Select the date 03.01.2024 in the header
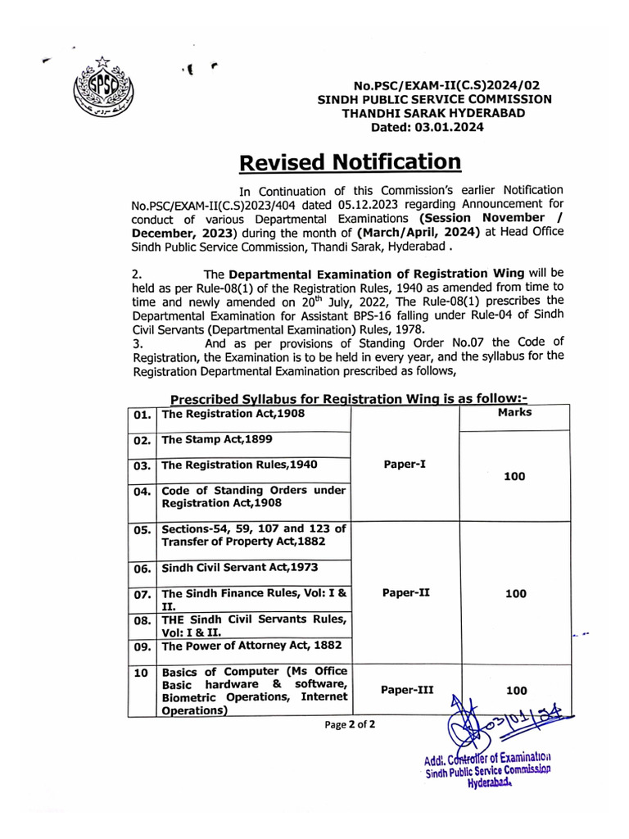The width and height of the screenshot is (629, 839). click(x=427, y=127)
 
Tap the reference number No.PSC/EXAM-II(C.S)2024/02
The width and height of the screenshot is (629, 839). click(x=446, y=85)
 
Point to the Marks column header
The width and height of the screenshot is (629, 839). click(x=514, y=413)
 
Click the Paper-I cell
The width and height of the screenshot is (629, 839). click(x=405, y=464)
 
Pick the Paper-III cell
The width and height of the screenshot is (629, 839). click(x=407, y=690)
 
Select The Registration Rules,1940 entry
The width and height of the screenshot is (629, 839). click(x=228, y=465)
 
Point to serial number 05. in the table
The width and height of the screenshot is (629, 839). click(x=142, y=529)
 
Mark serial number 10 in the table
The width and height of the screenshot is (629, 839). click(x=141, y=673)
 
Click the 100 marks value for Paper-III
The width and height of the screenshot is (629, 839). click(x=516, y=691)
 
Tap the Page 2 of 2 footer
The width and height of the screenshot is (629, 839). click(x=350, y=725)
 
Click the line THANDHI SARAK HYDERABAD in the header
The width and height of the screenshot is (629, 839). click(x=433, y=113)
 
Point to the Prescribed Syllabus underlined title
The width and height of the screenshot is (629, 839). click(x=348, y=398)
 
